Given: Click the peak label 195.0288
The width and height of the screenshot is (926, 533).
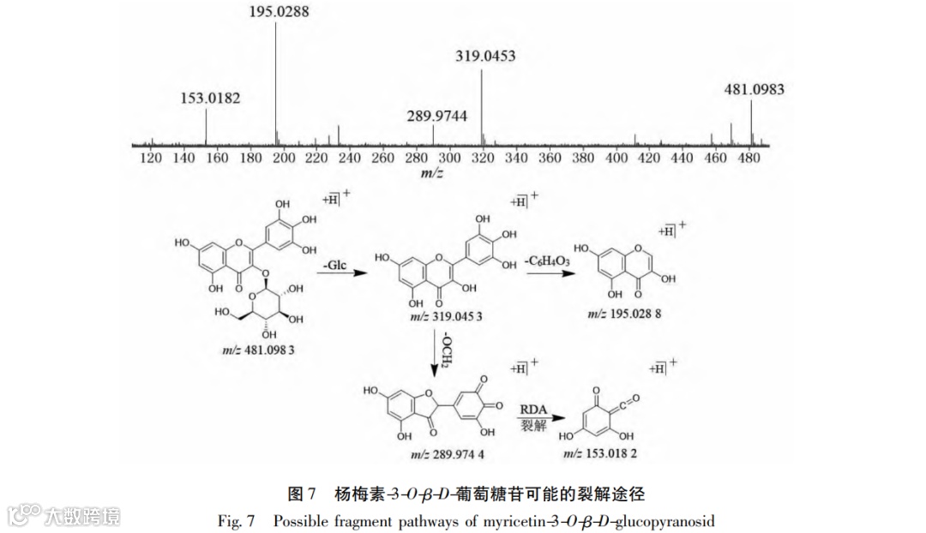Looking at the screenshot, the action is tap(276, 12).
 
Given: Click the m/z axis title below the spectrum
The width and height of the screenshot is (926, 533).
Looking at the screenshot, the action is tap(431, 172).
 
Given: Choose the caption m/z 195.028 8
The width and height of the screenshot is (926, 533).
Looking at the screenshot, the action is tap(623, 314).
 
